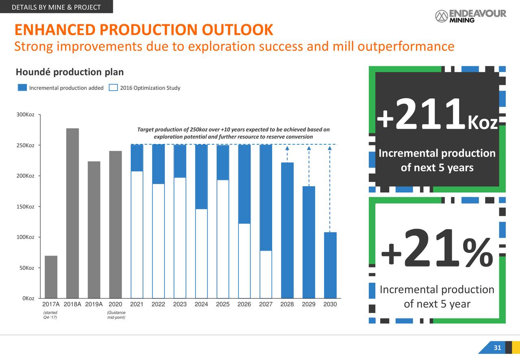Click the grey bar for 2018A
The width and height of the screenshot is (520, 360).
[x=72, y=213]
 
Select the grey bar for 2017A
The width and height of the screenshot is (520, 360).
[x=51, y=277]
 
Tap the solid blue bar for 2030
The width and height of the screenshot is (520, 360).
[x=330, y=265]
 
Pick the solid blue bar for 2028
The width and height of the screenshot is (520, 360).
[x=287, y=230]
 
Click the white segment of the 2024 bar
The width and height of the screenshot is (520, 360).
[x=201, y=254]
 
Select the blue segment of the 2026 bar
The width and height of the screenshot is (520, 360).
[x=244, y=184]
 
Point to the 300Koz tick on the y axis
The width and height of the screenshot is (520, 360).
[x=39, y=115]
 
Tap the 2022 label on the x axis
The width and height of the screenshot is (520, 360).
[x=158, y=304]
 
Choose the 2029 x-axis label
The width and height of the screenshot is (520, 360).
[x=308, y=304]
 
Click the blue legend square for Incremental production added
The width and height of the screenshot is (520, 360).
[x=22, y=88]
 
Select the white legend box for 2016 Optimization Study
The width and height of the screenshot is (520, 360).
[x=114, y=88]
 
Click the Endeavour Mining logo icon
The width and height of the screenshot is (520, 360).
[x=441, y=16]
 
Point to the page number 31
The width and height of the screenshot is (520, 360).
[x=497, y=348]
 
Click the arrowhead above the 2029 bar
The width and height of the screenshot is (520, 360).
[x=309, y=148]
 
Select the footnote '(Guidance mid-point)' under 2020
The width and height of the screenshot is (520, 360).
[x=115, y=314]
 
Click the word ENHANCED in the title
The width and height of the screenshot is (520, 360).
[x=54, y=30]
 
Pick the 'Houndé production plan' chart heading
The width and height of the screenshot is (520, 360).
[x=69, y=72]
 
